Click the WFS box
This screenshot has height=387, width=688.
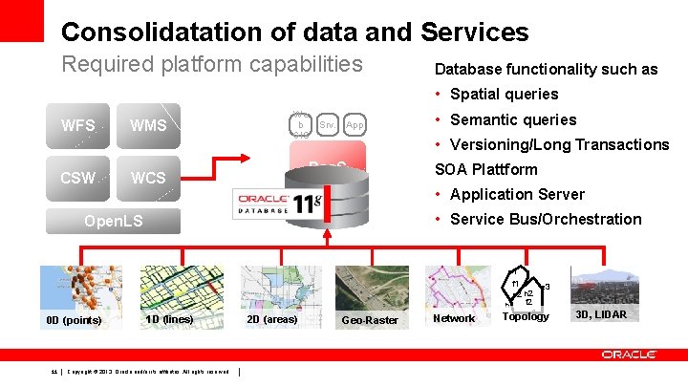pos(77,125)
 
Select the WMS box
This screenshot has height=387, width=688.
pos(148,125)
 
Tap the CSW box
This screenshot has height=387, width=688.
pos(77,178)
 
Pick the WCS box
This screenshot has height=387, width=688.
pos(148,178)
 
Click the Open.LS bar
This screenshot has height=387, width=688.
pos(114,222)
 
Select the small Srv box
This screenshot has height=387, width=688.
pos(326,124)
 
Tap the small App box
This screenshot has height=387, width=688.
pos(355,124)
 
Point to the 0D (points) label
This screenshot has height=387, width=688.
pos(74,320)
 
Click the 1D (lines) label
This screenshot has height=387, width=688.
pos(169,317)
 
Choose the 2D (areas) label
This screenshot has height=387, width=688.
pos(271,317)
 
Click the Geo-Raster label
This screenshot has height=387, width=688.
pos(370,320)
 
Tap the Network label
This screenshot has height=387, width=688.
pos(454,318)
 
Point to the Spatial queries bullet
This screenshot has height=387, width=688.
pos(504,94)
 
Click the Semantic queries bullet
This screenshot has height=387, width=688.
pos(513,119)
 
